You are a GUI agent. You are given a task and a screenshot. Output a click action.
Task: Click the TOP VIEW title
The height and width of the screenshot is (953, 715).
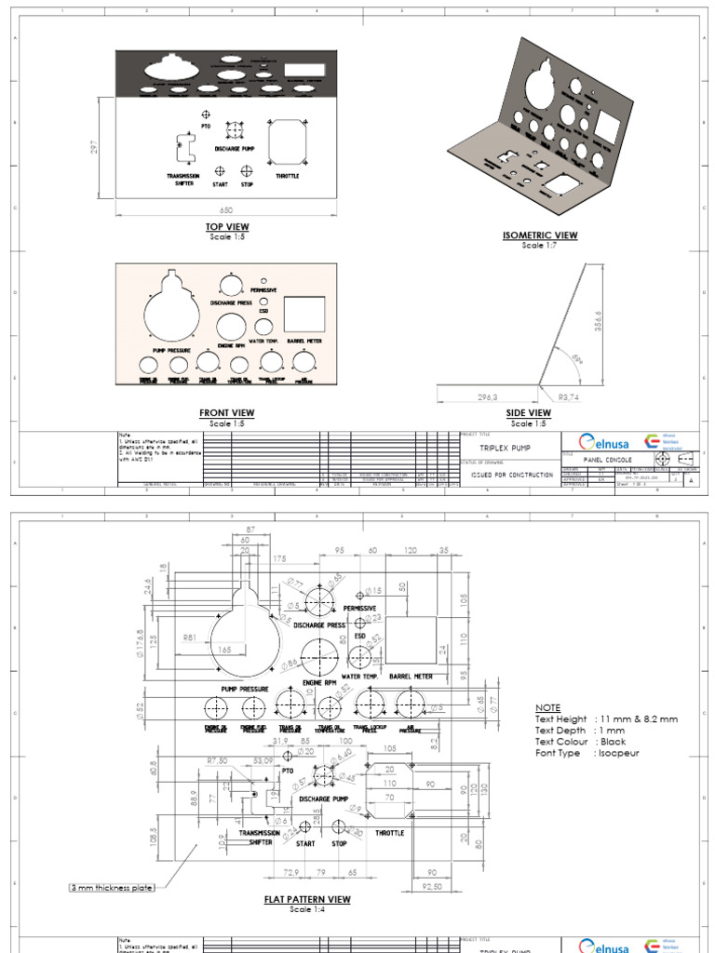[x=227, y=227]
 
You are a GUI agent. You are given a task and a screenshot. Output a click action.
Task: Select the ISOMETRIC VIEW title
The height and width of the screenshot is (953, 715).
[x=540, y=235]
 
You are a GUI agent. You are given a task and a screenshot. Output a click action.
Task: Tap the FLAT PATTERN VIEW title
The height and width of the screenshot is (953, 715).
[x=307, y=899]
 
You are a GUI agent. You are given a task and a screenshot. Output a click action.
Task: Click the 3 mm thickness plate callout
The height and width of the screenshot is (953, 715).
[x=112, y=888]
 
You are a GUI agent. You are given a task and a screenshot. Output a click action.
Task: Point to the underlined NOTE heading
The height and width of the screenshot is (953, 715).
[x=548, y=707]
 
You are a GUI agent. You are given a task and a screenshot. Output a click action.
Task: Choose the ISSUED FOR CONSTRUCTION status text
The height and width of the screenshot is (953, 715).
[x=512, y=475]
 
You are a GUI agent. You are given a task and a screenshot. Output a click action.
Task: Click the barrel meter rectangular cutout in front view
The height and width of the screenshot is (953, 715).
[x=304, y=315]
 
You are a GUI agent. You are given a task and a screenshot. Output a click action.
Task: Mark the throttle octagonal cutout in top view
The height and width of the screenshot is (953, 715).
[x=287, y=141]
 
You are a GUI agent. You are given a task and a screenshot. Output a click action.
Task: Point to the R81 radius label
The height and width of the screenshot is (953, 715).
[x=190, y=638]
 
